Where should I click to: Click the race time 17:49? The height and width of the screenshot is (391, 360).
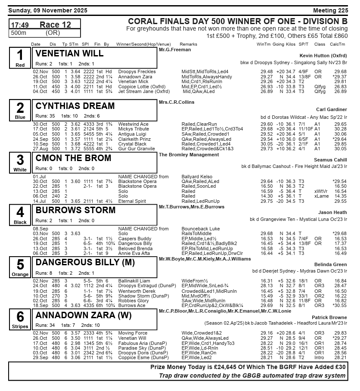20,25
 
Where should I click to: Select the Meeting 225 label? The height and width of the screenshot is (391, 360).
330,10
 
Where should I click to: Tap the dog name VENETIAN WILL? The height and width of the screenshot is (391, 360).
69,54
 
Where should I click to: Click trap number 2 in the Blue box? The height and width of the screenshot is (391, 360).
20,108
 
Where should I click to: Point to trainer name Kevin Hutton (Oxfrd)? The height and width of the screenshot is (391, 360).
323,56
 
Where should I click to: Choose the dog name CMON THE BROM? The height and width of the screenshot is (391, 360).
73,158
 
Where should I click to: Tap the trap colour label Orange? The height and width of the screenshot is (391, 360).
20,275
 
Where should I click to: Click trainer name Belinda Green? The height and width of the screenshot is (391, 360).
330,264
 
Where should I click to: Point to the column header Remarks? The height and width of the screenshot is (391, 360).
188,44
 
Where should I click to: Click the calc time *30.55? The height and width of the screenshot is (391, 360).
340,305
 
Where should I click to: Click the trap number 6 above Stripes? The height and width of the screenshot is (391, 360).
20,317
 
